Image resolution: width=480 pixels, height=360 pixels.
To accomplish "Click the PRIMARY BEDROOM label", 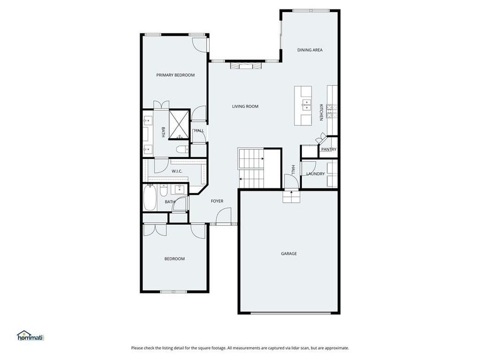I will click(x=175, y=75).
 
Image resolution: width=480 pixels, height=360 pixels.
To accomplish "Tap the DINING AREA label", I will click(x=310, y=50).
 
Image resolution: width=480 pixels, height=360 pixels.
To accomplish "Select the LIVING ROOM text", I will click(x=245, y=107).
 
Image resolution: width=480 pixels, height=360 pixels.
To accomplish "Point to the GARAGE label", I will click(x=289, y=253).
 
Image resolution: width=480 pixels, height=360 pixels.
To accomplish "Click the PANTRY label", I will click(x=329, y=149).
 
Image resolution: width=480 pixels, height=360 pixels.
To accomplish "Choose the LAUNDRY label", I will click(x=315, y=174).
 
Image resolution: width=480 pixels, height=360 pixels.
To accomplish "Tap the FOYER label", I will click(x=217, y=201).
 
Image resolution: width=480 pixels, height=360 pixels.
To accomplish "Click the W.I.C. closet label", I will click(x=178, y=171).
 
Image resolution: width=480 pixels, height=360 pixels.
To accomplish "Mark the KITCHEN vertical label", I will click(x=321, y=112).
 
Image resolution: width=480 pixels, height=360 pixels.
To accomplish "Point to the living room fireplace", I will click(x=246, y=66).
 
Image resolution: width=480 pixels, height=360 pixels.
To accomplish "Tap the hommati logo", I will click(x=30, y=335).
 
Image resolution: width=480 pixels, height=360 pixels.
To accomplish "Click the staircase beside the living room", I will click(x=252, y=167).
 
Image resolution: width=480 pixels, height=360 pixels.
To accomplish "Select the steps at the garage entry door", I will click(x=291, y=197).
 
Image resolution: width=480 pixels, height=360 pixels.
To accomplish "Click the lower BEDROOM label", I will click(x=174, y=259).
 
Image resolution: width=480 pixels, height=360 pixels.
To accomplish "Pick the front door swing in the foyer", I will click(x=224, y=216).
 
